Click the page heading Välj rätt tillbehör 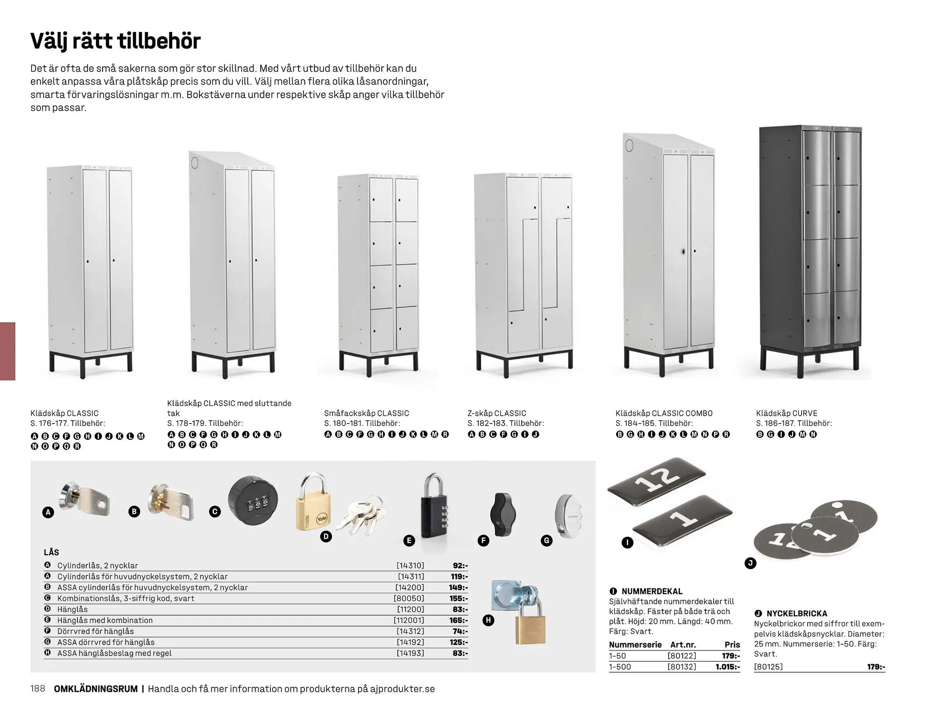[115, 41]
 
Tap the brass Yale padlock [312, 508]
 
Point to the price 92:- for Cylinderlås [460, 565]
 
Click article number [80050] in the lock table [409, 598]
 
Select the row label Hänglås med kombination [105, 620]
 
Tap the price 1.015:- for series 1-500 [727, 666]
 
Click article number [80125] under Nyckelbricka [768, 666]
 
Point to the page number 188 [38, 688]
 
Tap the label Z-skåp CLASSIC [496, 413]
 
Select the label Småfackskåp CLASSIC [366, 413]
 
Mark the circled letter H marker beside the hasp [488, 620]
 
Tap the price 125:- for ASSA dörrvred [458, 642]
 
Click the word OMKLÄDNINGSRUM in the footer [96, 689]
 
